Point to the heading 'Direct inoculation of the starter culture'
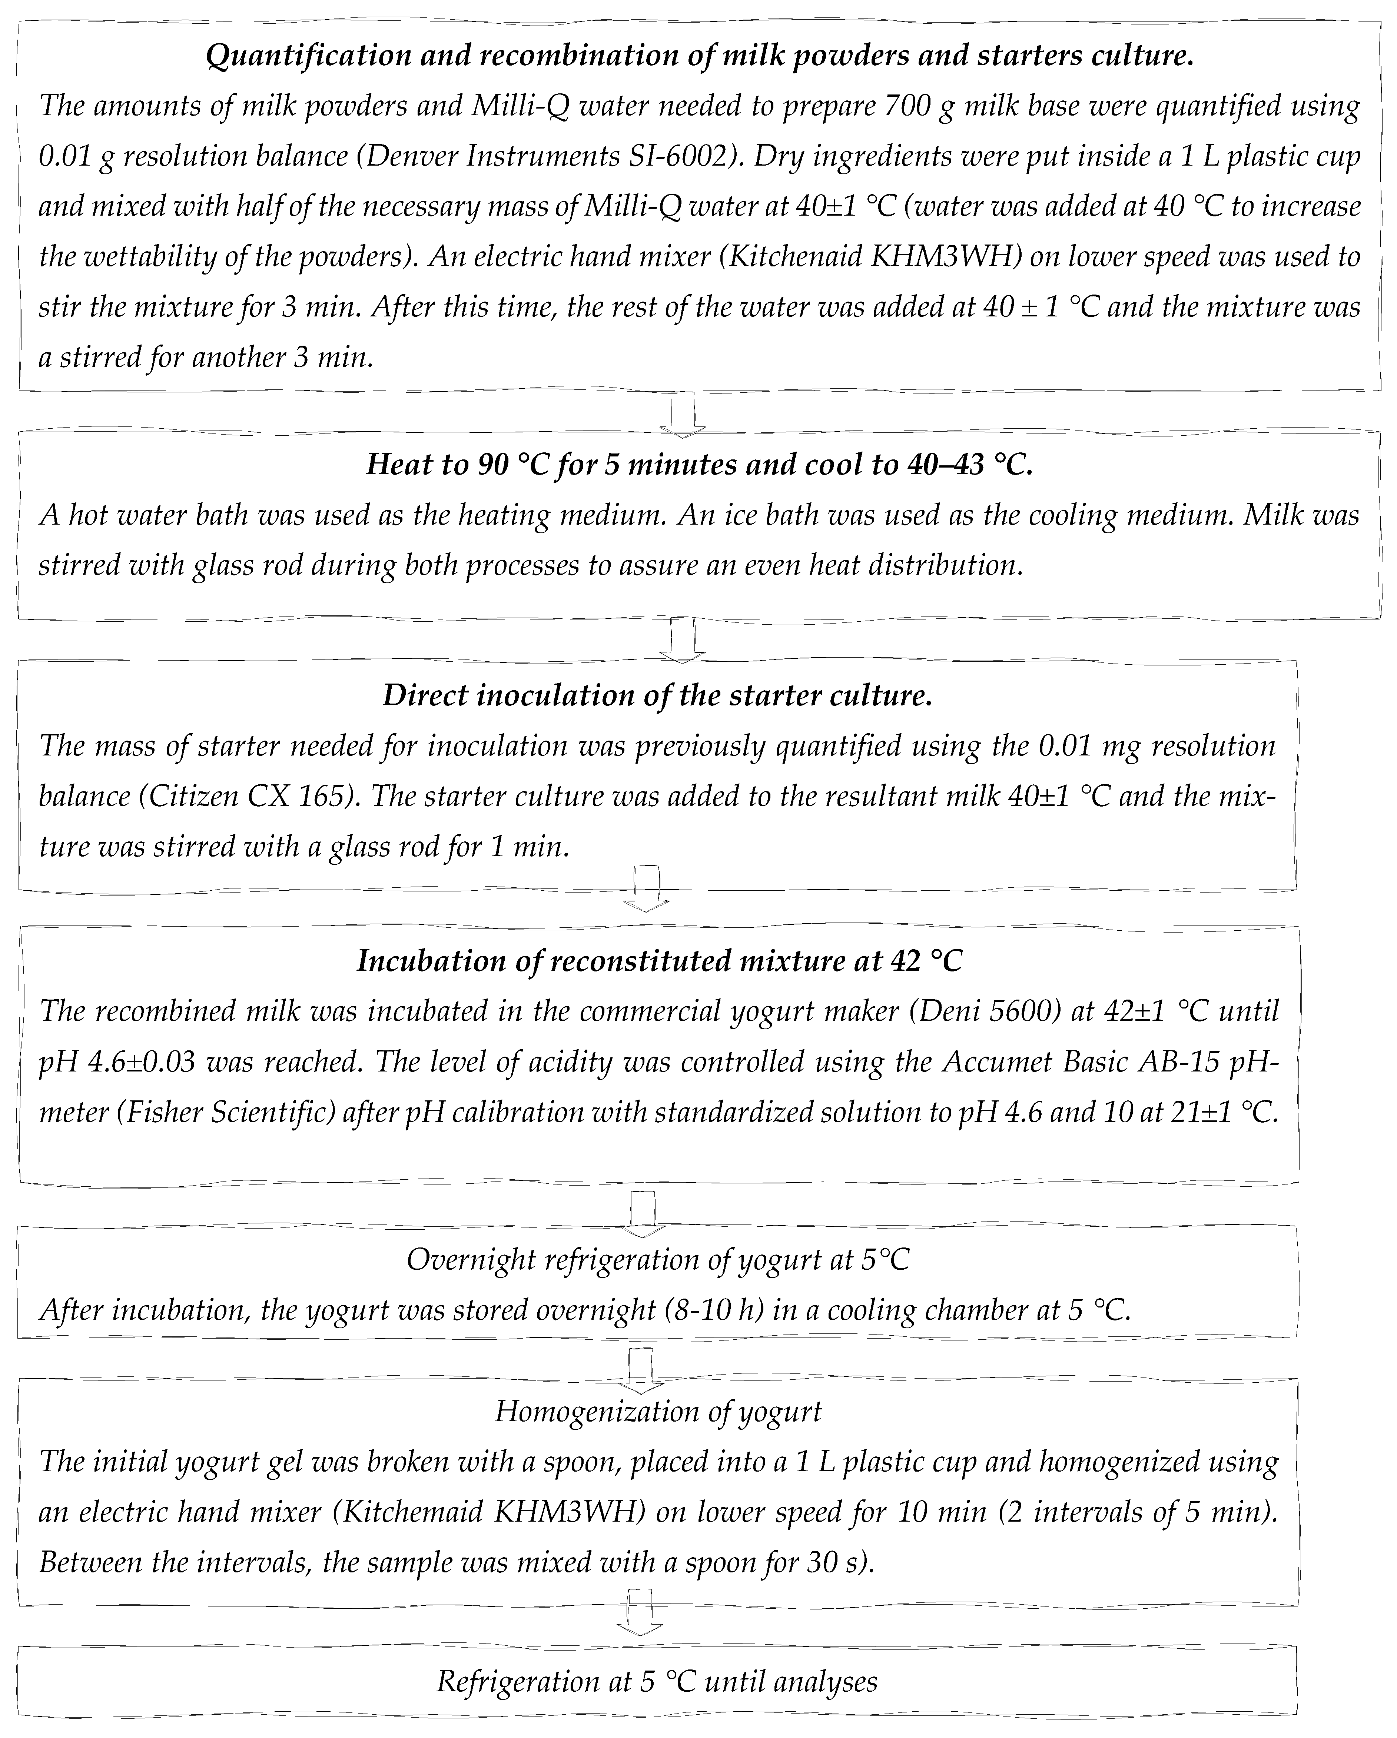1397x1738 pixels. click(x=657, y=695)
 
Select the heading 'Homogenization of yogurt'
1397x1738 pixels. click(x=658, y=1411)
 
